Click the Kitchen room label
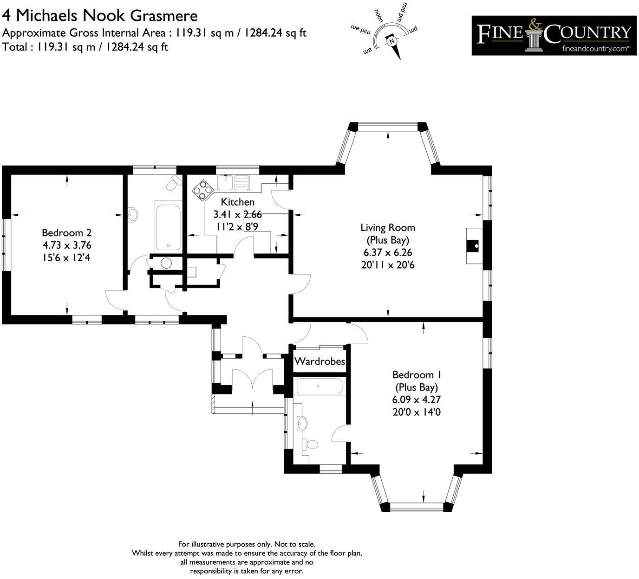[237, 202]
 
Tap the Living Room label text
[388, 228]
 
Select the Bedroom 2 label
[66, 233]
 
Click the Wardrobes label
[320, 361]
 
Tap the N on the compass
[392, 41]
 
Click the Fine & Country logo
[554, 36]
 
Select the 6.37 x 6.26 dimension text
[388, 253]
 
